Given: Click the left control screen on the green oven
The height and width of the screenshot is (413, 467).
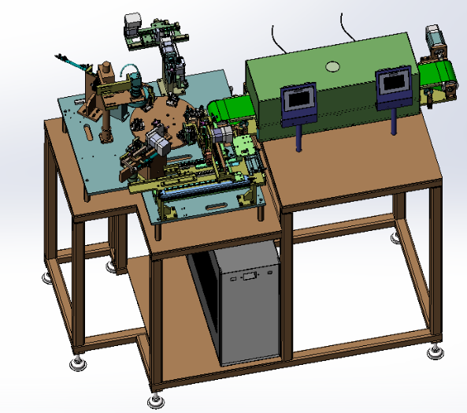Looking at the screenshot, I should [x=299, y=99].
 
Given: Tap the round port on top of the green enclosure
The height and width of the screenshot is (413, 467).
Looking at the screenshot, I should [x=332, y=65].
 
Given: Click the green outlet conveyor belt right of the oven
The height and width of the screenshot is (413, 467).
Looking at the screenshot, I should [x=438, y=73].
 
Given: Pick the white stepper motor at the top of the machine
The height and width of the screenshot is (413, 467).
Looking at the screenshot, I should [x=132, y=23].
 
